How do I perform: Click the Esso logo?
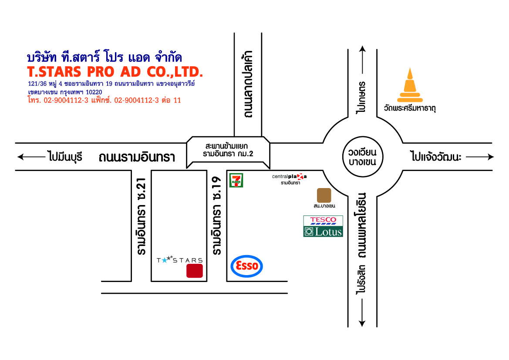(x=247, y=266)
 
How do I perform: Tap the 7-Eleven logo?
(x=236, y=181)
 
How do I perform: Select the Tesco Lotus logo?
(x=323, y=226)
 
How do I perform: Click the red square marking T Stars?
(x=195, y=271)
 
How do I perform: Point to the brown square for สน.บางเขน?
(x=324, y=195)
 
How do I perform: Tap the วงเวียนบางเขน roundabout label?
(x=362, y=157)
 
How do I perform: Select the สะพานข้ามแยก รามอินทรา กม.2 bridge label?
(x=228, y=150)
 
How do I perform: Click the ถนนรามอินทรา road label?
(x=137, y=157)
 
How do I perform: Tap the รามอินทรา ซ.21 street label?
(x=141, y=216)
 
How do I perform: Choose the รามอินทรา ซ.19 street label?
(x=216, y=215)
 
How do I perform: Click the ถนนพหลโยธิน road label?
(x=362, y=225)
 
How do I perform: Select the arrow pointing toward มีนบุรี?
(x=31, y=157)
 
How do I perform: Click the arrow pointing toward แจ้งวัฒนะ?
(x=480, y=157)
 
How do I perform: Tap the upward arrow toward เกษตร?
(x=362, y=60)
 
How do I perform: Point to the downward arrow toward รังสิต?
(x=362, y=313)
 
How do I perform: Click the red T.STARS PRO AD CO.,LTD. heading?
(x=115, y=72)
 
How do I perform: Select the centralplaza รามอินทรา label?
(x=289, y=179)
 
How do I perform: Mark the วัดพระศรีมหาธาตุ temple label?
(x=410, y=108)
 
